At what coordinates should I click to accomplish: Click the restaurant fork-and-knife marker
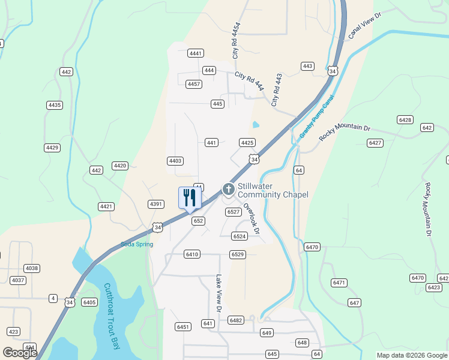190,198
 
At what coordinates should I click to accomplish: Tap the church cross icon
228,189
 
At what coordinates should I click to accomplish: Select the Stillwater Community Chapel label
273,191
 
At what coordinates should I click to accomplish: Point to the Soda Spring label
137,244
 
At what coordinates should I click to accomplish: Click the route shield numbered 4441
196,53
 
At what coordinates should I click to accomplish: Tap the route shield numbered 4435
55,105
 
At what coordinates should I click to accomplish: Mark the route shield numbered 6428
405,120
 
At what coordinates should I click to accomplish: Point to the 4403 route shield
175,161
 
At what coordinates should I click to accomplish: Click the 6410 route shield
192,254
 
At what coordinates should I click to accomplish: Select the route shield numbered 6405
89,302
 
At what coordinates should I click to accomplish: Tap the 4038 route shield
32,268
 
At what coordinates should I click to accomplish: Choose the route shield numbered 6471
339,283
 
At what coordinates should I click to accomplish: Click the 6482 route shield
236,320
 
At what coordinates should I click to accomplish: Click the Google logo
20,353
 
